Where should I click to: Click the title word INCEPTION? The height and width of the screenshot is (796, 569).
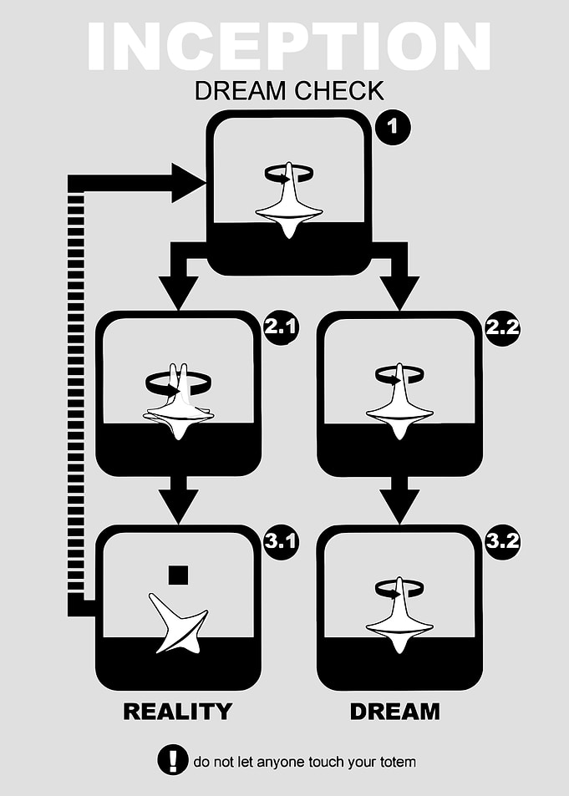[x=288, y=47]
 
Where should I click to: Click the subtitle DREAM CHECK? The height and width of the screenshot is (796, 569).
[x=289, y=91]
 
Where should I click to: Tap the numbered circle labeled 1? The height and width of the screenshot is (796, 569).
[x=393, y=127]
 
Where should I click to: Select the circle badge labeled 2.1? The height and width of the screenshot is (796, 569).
[x=281, y=327]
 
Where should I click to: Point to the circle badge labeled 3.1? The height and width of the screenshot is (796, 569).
[x=281, y=542]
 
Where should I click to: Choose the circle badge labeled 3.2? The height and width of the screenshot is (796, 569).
[x=502, y=542]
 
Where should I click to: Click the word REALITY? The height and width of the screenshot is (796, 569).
[x=178, y=712]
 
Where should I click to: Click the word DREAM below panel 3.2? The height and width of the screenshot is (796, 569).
[x=394, y=712]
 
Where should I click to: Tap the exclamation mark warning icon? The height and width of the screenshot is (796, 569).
[x=173, y=760]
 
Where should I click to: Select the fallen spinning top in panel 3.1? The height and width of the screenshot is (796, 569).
[x=178, y=623]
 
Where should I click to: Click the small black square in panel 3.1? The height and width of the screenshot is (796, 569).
[x=178, y=575]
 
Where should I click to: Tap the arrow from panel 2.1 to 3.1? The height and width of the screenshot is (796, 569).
[x=178, y=500]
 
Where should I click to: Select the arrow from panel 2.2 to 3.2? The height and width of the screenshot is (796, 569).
[x=399, y=500]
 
